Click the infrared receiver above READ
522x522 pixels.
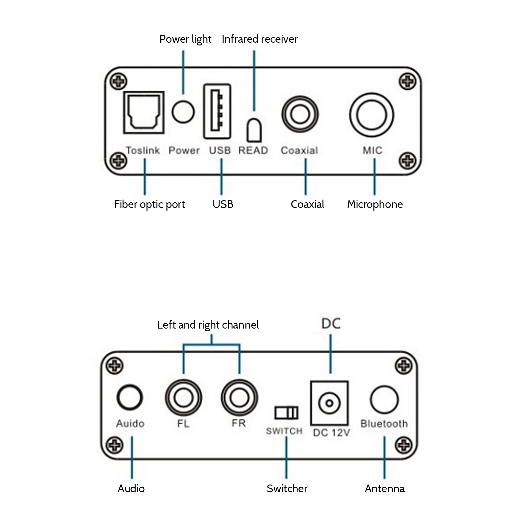(254, 130)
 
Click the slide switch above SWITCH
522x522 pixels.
(286, 413)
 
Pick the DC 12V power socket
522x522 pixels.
(329, 403)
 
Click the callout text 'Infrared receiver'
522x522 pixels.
(260, 39)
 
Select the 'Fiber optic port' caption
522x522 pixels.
(150, 205)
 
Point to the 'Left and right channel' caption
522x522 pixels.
(208, 325)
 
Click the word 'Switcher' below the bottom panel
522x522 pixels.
(287, 489)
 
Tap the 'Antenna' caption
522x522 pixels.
(385, 489)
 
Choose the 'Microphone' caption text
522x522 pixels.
(375, 205)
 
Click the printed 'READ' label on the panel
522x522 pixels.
(253, 150)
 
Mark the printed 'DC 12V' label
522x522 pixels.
(332, 433)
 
